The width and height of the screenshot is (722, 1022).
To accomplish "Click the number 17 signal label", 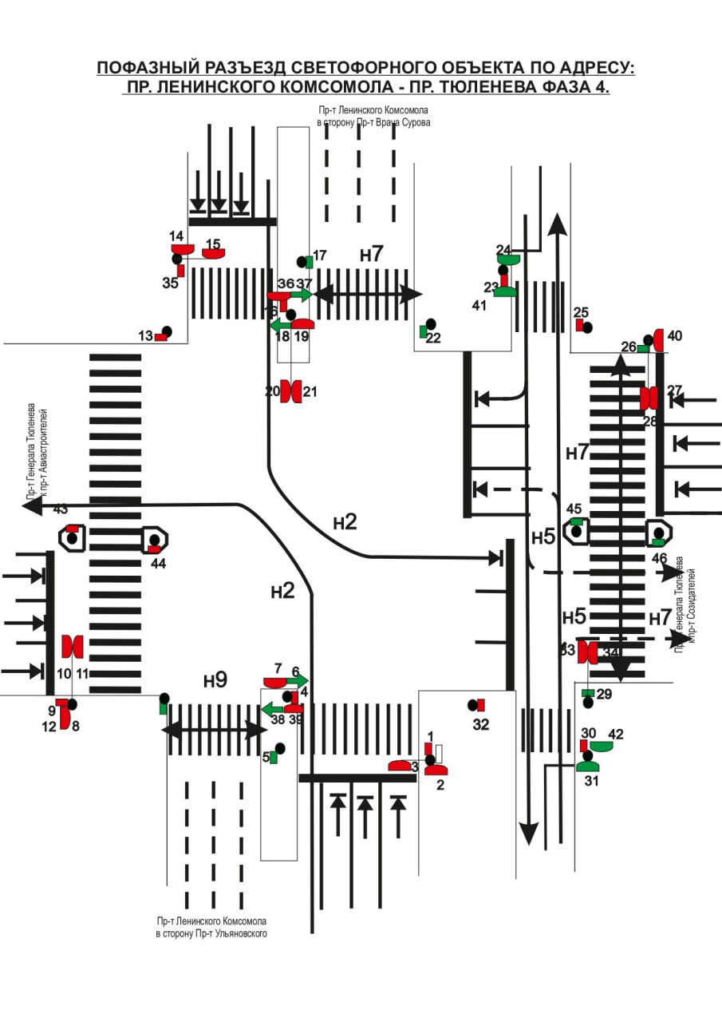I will point(320,255).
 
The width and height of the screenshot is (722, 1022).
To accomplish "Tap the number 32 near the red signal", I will point(480,725).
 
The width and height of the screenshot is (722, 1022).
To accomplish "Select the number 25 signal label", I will point(581,312).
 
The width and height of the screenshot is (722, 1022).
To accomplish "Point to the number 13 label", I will point(144,336).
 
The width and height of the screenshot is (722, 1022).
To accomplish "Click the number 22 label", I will point(433,338).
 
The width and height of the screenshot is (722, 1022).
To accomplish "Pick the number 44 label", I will point(158,563).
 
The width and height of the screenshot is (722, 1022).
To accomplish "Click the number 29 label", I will point(604,694).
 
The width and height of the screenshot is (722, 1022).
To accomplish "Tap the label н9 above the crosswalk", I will point(215,680).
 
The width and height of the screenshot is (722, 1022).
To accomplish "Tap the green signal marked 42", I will point(601,746).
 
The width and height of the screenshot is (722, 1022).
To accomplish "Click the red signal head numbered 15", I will point(213,254).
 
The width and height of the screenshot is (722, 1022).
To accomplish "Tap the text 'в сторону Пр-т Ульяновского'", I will point(211,933).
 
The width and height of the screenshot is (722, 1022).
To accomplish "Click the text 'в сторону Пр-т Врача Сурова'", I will point(373,123).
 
